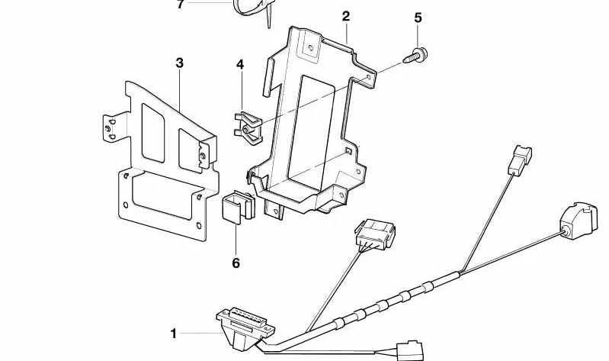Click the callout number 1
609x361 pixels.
pyautogui.click(x=174, y=334)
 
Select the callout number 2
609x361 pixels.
pyautogui.click(x=345, y=15)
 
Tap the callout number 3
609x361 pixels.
pyautogui.click(x=180, y=63)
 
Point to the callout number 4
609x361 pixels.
pyautogui.click(x=239, y=65)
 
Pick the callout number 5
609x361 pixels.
pyautogui.click(x=417, y=17)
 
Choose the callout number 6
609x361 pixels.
pyautogui.click(x=236, y=263)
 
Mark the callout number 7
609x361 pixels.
pyautogui.click(x=180, y=5)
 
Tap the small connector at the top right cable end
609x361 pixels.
pyautogui.click(x=521, y=157)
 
